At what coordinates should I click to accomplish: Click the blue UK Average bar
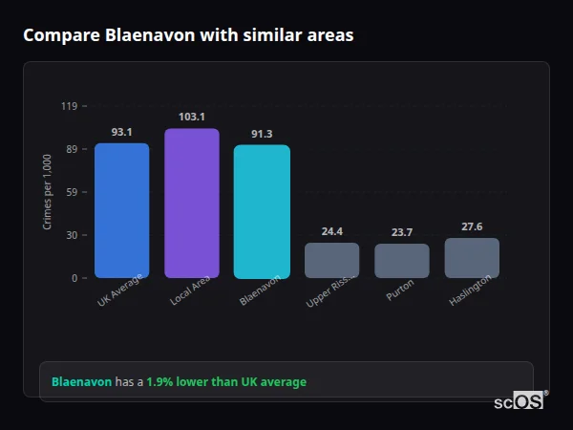click(121, 210)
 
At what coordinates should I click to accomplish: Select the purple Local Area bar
click(191, 203)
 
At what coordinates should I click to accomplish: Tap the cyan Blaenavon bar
click(262, 211)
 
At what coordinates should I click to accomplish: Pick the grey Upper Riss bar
click(331, 260)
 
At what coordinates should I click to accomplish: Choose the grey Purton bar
click(401, 261)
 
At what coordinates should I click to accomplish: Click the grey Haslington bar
click(472, 258)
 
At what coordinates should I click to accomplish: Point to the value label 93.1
click(121, 132)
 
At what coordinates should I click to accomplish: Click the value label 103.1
click(191, 117)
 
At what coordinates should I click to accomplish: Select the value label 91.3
click(262, 134)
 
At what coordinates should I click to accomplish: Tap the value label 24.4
click(331, 231)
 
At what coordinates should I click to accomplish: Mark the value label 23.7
click(401, 232)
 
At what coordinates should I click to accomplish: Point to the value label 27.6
click(472, 226)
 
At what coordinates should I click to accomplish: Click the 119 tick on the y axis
click(69, 106)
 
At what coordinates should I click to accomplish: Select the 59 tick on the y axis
click(72, 192)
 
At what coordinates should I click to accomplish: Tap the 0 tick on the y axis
click(74, 278)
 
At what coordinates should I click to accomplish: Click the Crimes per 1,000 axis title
click(48, 191)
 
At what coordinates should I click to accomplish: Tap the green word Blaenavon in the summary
click(81, 382)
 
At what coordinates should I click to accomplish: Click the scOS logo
click(519, 401)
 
